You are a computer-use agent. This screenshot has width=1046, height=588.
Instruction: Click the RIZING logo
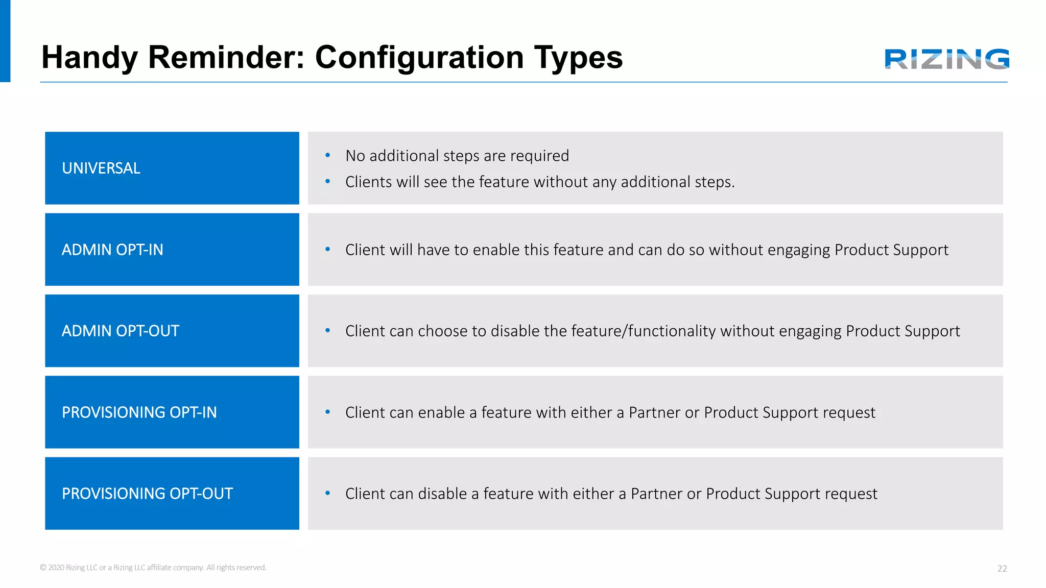(x=946, y=59)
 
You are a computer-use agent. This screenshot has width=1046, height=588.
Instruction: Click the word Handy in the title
(x=89, y=57)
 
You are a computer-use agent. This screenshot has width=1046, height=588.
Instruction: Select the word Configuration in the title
(x=419, y=57)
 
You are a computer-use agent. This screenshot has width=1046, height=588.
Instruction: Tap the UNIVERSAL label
(x=101, y=168)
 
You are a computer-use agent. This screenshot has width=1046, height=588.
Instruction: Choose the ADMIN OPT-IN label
(x=112, y=250)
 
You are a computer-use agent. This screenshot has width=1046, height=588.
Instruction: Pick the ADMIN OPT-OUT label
(x=121, y=331)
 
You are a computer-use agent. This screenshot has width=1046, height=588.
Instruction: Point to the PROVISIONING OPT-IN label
(x=139, y=412)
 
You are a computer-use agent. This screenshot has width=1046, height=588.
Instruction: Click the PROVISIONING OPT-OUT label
(x=147, y=494)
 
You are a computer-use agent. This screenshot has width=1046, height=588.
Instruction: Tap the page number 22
(x=1002, y=569)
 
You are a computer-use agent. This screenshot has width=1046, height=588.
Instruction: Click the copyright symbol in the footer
(x=43, y=568)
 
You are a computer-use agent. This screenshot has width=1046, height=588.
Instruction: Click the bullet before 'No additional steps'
(x=328, y=155)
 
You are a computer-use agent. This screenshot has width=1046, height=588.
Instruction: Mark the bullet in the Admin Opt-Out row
(x=328, y=331)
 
